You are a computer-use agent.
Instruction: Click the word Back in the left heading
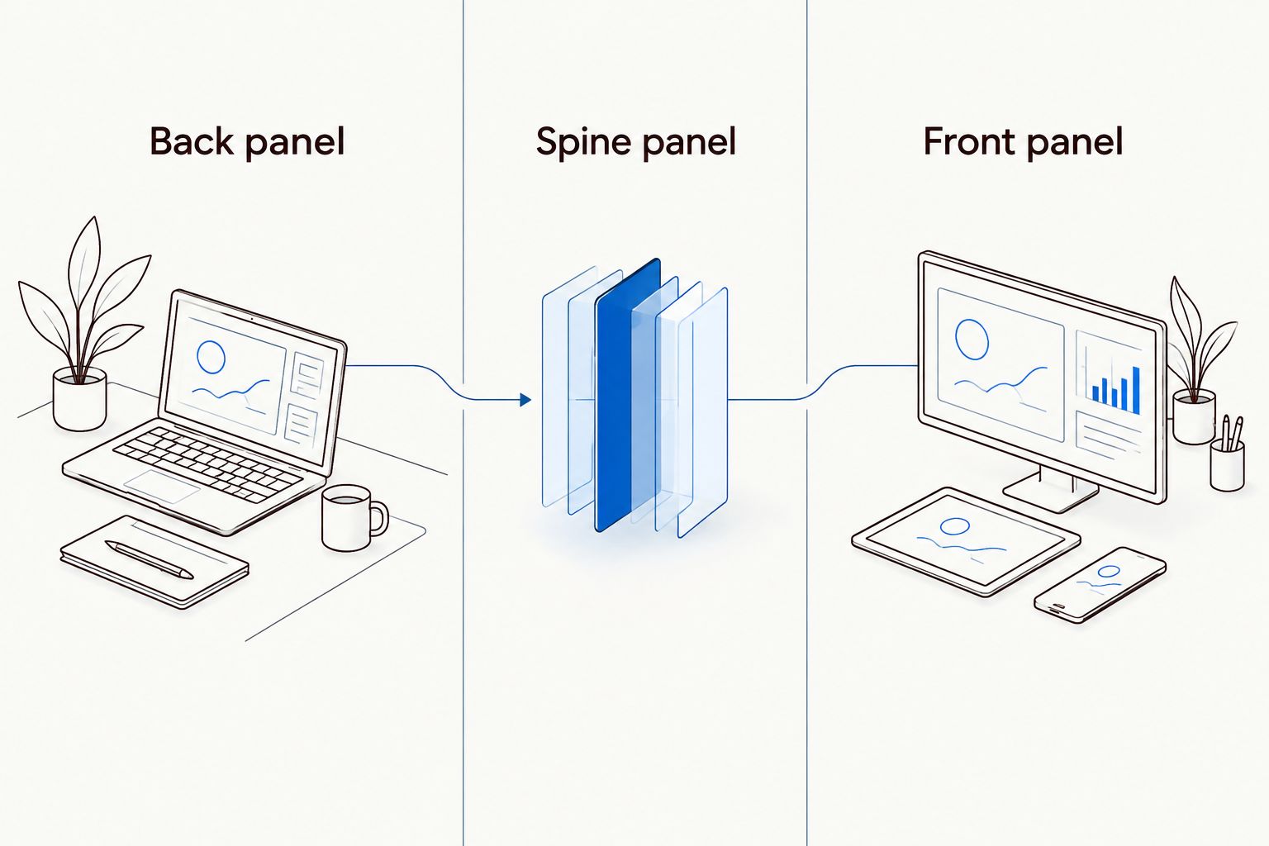click(191, 141)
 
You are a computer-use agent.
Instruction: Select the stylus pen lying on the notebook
click(149, 559)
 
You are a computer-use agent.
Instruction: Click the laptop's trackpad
click(162, 486)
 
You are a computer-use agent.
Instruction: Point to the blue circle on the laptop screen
click(211, 357)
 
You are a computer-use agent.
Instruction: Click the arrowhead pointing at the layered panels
click(525, 400)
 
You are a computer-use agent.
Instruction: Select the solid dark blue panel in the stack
click(627, 396)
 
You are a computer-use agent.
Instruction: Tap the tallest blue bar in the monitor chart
click(1135, 390)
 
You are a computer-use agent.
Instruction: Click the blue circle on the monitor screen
click(972, 340)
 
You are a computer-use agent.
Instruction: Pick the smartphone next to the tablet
click(1100, 586)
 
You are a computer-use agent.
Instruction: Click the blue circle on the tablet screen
click(954, 526)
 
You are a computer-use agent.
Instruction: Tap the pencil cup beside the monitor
click(1227, 464)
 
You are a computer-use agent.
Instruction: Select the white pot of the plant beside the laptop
click(80, 399)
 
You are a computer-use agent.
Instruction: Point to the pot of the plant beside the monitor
click(1194, 416)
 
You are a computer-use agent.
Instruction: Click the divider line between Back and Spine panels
click(463, 423)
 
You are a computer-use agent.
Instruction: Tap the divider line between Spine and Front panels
click(806, 423)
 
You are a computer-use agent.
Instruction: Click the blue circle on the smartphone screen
click(1109, 571)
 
